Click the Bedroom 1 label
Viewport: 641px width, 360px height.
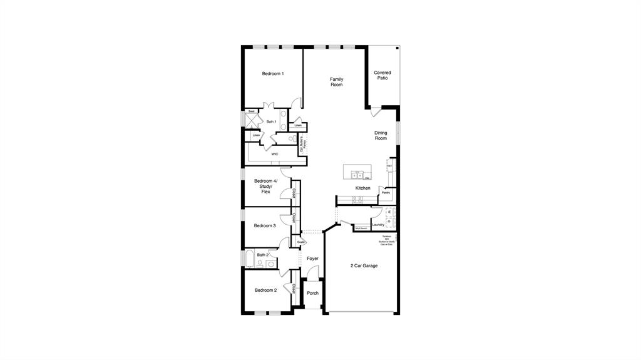(x=272, y=74)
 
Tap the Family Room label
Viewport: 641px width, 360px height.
(x=337, y=82)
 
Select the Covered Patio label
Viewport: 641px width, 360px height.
(x=382, y=75)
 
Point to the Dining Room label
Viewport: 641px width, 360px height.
(x=381, y=135)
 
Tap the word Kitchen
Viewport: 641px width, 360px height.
(x=363, y=188)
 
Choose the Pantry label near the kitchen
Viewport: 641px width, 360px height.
(x=386, y=193)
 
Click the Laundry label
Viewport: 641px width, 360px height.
(x=378, y=225)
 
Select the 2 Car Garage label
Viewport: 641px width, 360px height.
(x=364, y=265)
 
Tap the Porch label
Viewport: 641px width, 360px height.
(x=312, y=293)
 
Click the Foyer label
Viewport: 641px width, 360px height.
(x=312, y=258)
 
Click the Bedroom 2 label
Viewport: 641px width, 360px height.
(x=265, y=290)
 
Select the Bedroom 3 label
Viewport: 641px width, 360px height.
(x=265, y=225)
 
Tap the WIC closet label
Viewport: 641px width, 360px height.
(x=275, y=153)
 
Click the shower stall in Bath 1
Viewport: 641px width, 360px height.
(x=250, y=121)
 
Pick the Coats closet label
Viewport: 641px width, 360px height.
(x=300, y=242)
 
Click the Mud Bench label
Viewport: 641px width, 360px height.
(x=361, y=229)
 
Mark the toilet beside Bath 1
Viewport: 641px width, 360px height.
(x=292, y=139)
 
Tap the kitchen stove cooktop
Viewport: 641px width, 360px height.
(x=357, y=200)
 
